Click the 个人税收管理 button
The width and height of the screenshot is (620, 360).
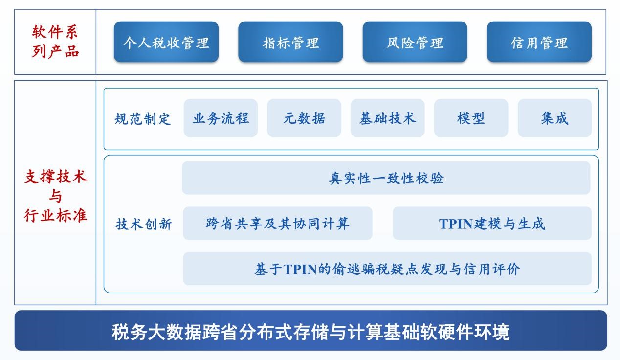click(166, 42)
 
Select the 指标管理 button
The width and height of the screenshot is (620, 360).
click(290, 42)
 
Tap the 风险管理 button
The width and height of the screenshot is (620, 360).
click(415, 42)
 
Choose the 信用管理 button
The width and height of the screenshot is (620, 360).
click(539, 42)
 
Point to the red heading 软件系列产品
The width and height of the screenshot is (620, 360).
click(55, 42)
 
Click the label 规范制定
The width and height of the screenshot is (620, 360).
click(143, 119)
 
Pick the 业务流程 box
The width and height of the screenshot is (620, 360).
click(221, 118)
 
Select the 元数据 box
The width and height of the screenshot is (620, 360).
click(304, 118)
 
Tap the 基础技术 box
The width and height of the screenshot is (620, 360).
click(387, 118)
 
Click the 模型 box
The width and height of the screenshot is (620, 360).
click(471, 118)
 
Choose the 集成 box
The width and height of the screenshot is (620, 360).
click(554, 118)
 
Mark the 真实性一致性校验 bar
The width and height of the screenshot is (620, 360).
click(386, 178)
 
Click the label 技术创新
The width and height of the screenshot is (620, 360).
click(144, 224)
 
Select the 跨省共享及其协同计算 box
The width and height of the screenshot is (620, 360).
click(278, 223)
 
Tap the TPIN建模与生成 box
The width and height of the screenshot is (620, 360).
click(492, 223)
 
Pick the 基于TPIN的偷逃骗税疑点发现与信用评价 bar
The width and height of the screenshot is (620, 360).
click(387, 269)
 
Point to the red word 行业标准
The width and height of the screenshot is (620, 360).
click(55, 215)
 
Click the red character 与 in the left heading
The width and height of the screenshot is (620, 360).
click(55, 196)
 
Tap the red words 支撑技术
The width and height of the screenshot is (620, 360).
click(56, 177)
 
